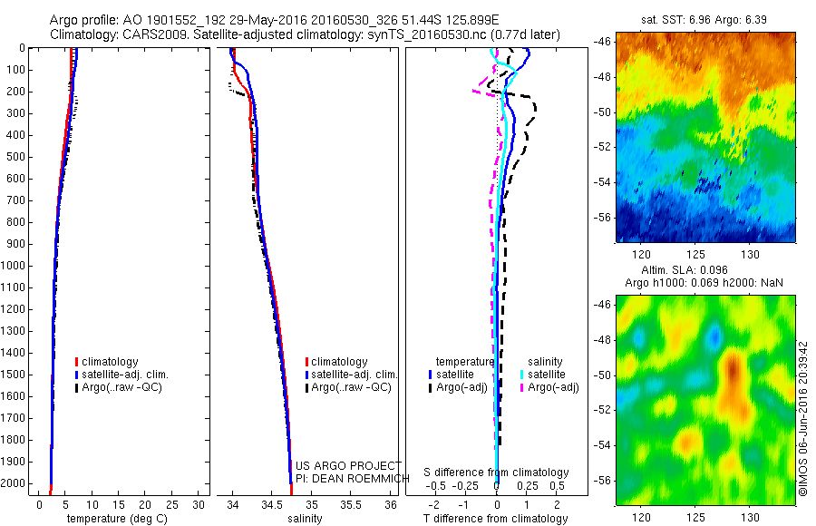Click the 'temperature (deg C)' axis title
pos(114,520)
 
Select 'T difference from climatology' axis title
pos(496,520)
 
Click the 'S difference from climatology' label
pos(497,472)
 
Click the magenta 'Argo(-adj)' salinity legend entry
pos(554,387)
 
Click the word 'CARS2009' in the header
pos(149,35)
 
